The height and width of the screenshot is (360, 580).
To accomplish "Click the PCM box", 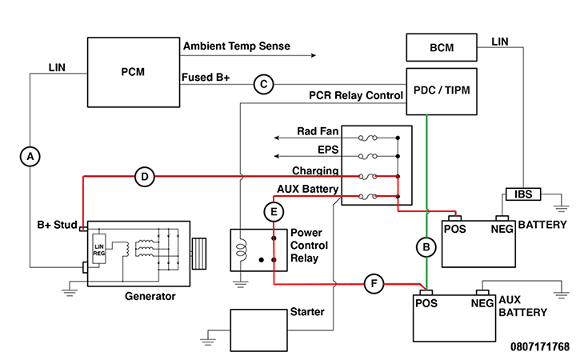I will tap(134, 72).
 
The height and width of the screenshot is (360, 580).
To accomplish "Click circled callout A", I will tap(30, 158).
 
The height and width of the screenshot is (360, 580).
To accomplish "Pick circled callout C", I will tap(263, 84).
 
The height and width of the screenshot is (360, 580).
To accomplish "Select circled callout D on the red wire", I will tap(144, 177).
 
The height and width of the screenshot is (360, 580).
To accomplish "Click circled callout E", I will tap(274, 211).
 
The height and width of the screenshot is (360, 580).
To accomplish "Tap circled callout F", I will tap(374, 283).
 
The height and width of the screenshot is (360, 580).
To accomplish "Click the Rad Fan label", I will tap(319, 131).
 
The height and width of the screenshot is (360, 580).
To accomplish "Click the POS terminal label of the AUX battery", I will tap(426, 303).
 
